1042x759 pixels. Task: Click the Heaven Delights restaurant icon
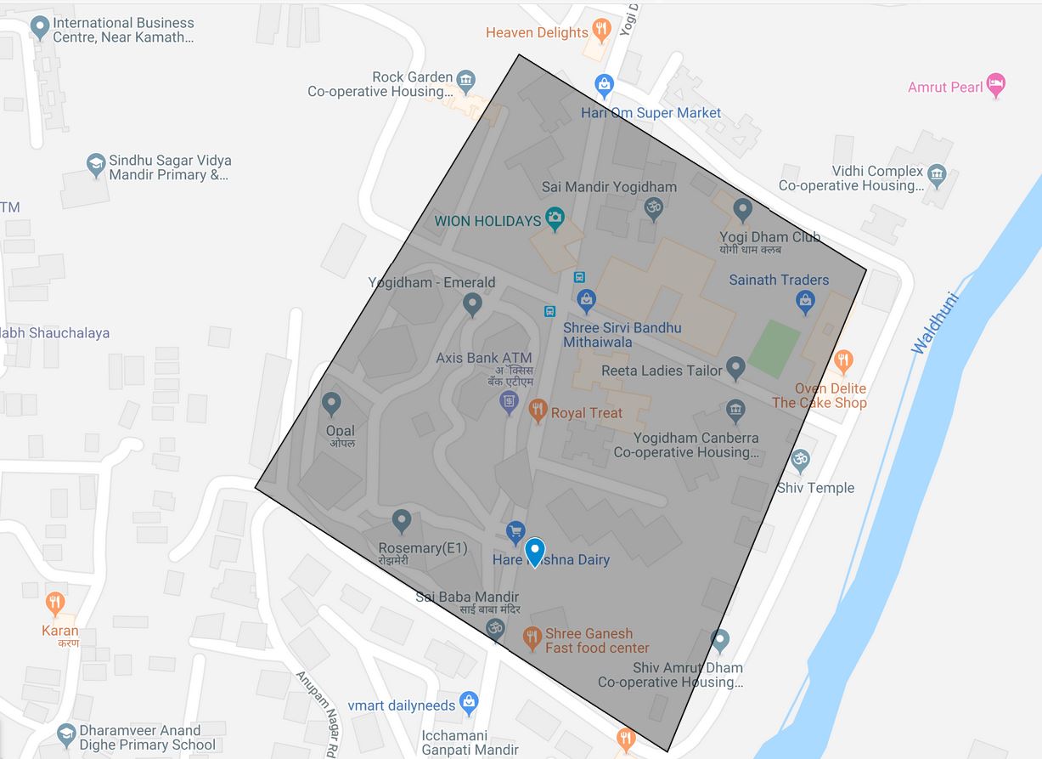(601, 31)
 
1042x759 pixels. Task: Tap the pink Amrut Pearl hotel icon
(996, 86)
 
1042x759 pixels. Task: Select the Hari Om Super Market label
(651, 112)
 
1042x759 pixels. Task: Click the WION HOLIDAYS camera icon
(555, 219)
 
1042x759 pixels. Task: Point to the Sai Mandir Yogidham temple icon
(653, 207)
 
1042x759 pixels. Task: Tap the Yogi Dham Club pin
(743, 209)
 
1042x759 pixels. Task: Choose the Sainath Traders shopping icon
(805, 300)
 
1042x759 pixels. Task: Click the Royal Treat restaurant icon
(537, 412)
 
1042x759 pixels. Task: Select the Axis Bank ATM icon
(509, 401)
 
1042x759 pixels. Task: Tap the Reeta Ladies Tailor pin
(735, 368)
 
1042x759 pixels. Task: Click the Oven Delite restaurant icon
(842, 361)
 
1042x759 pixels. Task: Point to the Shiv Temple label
(815, 488)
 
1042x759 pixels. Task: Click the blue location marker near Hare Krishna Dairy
(534, 552)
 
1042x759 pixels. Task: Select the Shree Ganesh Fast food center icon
(532, 637)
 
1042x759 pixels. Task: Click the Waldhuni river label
(935, 324)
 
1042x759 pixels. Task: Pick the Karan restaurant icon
(55, 604)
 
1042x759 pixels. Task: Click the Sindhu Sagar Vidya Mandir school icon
(96, 163)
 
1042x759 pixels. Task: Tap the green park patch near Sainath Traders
(774, 348)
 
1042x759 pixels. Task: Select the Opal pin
(332, 404)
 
